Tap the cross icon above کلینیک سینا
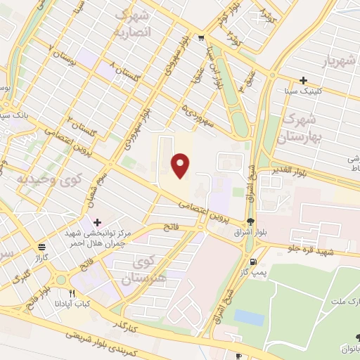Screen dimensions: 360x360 pyautogui.click(x=303, y=81)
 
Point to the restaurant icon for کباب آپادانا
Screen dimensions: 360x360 pyautogui.click(x=72, y=294)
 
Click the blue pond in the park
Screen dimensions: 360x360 pyautogui.click(x=250, y=317)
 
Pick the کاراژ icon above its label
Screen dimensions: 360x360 pyautogui.click(x=42, y=247)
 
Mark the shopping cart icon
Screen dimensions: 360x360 pyautogui.click(x=201, y=38)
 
